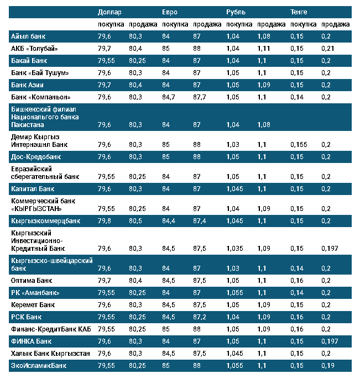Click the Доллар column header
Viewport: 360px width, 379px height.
(109, 12)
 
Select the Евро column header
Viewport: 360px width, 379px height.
(170, 12)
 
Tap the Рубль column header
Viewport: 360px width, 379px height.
(236, 12)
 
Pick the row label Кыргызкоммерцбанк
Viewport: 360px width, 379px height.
(46, 220)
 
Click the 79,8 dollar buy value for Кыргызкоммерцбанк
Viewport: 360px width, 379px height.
(104, 220)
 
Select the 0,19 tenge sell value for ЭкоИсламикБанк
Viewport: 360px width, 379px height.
(328, 365)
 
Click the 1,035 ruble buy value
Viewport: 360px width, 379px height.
(235, 249)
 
